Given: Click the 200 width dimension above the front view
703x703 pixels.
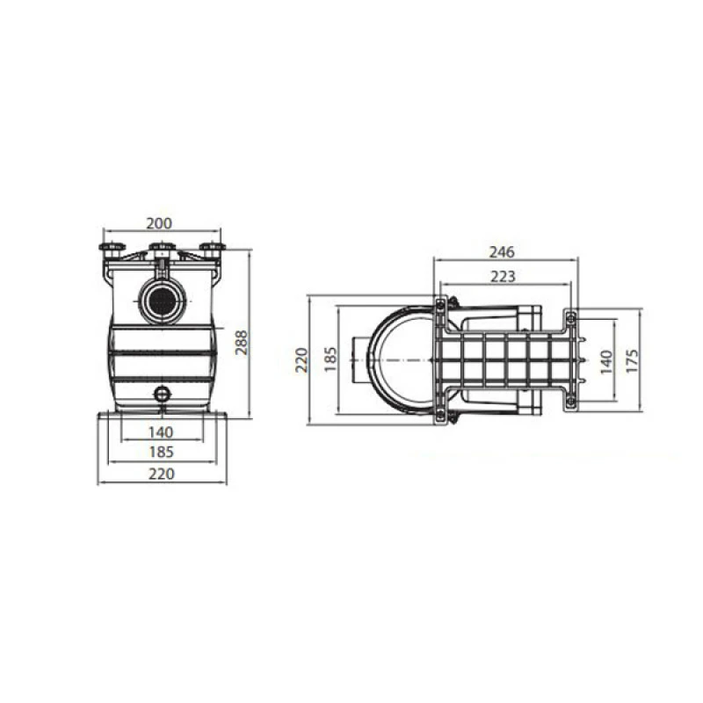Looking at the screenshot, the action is tap(159, 223).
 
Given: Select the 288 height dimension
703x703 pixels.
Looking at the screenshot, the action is tap(242, 343).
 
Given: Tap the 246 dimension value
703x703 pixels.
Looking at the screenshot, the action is tap(502, 252).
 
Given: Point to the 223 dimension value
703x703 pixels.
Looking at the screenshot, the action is tap(503, 277).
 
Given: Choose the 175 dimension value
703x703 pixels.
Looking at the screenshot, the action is tap(631, 360).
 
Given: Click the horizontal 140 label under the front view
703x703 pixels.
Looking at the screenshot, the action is tap(161, 432).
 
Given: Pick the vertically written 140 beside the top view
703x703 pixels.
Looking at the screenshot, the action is tap(605, 362).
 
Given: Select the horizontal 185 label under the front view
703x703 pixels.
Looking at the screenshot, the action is tap(161, 452).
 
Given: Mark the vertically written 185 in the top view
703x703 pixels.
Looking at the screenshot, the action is tap(330, 359).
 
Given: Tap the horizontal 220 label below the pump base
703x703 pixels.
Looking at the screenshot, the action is tap(162, 474).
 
